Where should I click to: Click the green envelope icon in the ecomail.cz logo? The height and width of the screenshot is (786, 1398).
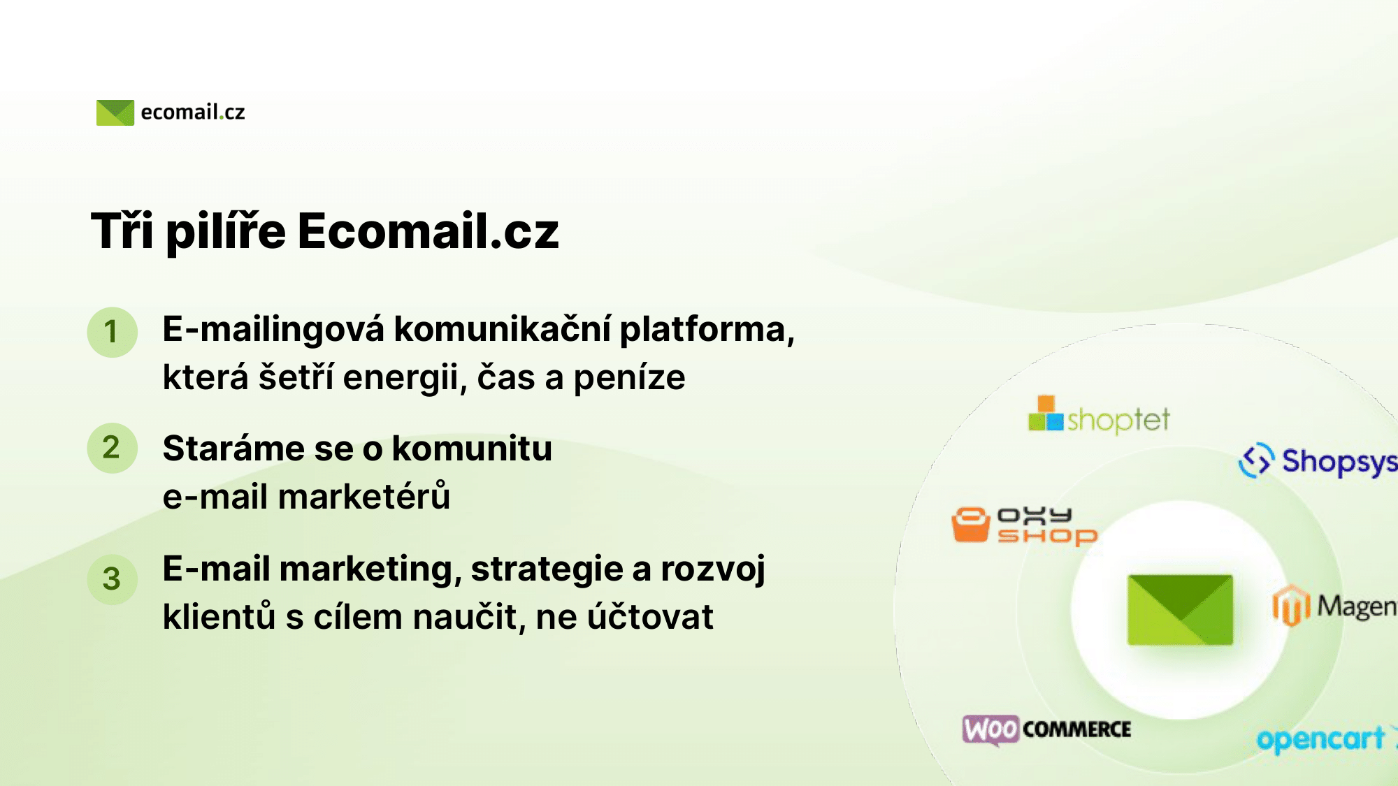tap(115, 112)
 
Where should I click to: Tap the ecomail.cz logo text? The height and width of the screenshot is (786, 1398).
tap(193, 112)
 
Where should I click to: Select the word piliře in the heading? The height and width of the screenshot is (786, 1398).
tap(226, 232)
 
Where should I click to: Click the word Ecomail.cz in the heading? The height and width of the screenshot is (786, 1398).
tap(428, 231)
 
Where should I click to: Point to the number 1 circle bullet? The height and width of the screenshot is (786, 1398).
tap(112, 332)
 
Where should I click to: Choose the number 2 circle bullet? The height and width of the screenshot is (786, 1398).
tap(112, 448)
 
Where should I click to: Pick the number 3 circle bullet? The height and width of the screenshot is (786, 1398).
tap(112, 579)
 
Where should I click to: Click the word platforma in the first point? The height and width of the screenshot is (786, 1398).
tap(707, 330)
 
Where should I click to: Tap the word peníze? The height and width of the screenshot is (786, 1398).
tap(629, 378)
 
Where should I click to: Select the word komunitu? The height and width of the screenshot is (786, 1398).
tap(472, 449)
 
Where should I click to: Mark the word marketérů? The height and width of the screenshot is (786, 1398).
tap(364, 497)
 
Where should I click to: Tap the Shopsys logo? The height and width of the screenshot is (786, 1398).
tap(1318, 461)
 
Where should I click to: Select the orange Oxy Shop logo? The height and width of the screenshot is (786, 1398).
tap(1025, 526)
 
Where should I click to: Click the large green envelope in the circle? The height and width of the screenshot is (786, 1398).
tap(1180, 610)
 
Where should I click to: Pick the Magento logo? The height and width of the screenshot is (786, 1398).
tap(1334, 606)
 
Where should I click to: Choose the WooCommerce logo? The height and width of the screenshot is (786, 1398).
tap(1046, 730)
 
